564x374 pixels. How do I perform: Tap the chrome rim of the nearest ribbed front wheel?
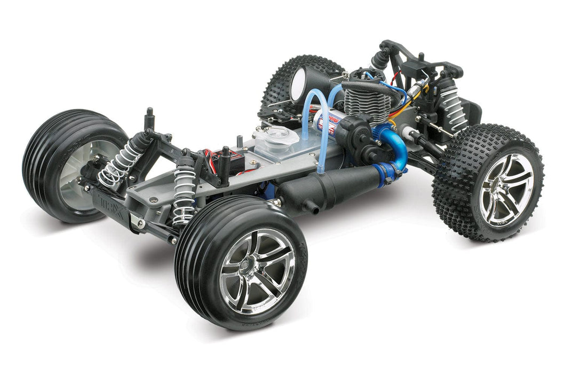click(x=257, y=270)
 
